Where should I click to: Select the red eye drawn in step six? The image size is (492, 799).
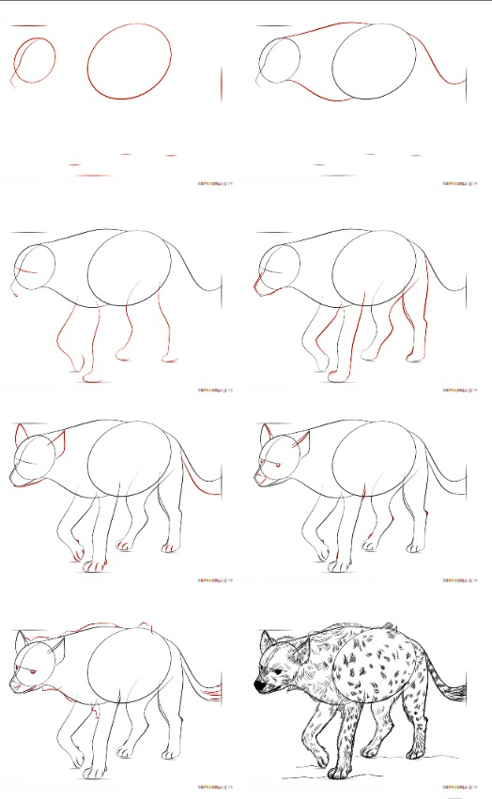[x=279, y=465]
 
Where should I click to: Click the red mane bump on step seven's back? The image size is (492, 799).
[x=143, y=624]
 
